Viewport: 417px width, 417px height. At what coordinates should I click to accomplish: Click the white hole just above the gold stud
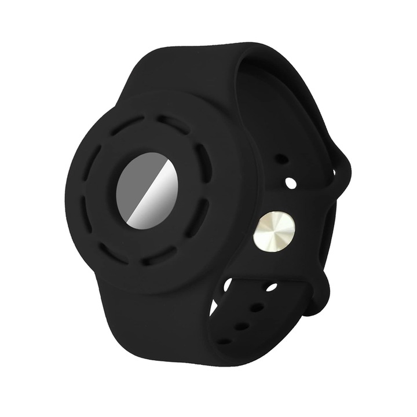pos(291,183)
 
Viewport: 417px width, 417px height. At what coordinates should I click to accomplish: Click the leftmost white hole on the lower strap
pos(228,283)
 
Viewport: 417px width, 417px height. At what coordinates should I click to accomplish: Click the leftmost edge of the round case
pos(65,191)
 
